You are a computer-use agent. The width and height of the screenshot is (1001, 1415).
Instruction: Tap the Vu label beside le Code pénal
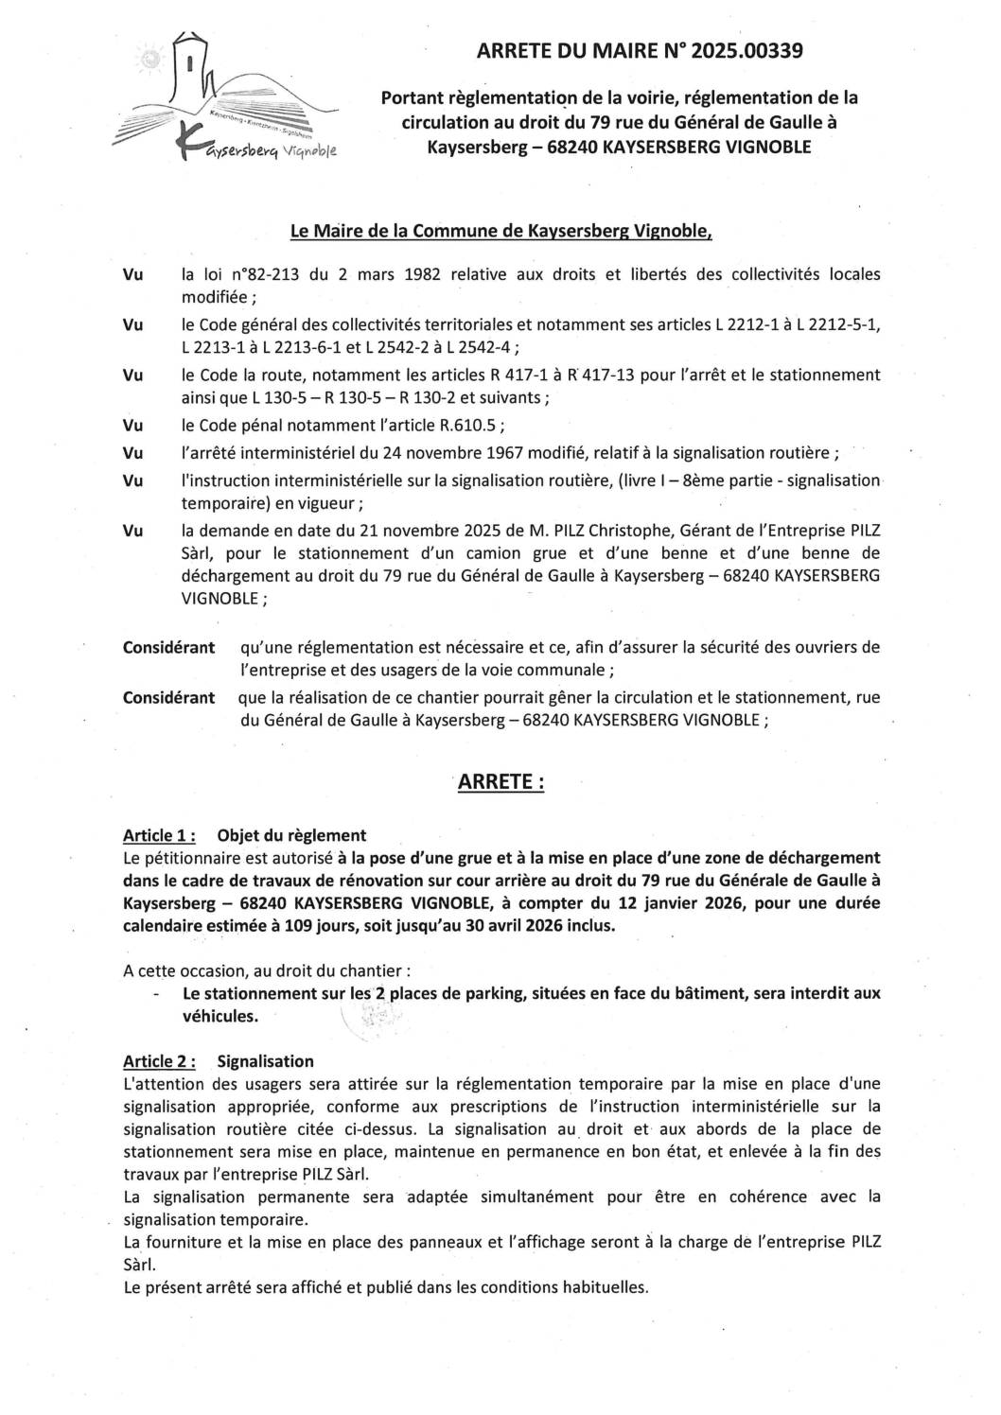[133, 423]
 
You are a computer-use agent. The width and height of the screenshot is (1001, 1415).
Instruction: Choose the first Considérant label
[168, 648]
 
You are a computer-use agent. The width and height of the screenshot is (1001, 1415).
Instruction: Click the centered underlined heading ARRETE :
[500, 782]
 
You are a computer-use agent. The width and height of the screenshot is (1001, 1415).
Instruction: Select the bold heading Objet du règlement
[291, 835]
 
